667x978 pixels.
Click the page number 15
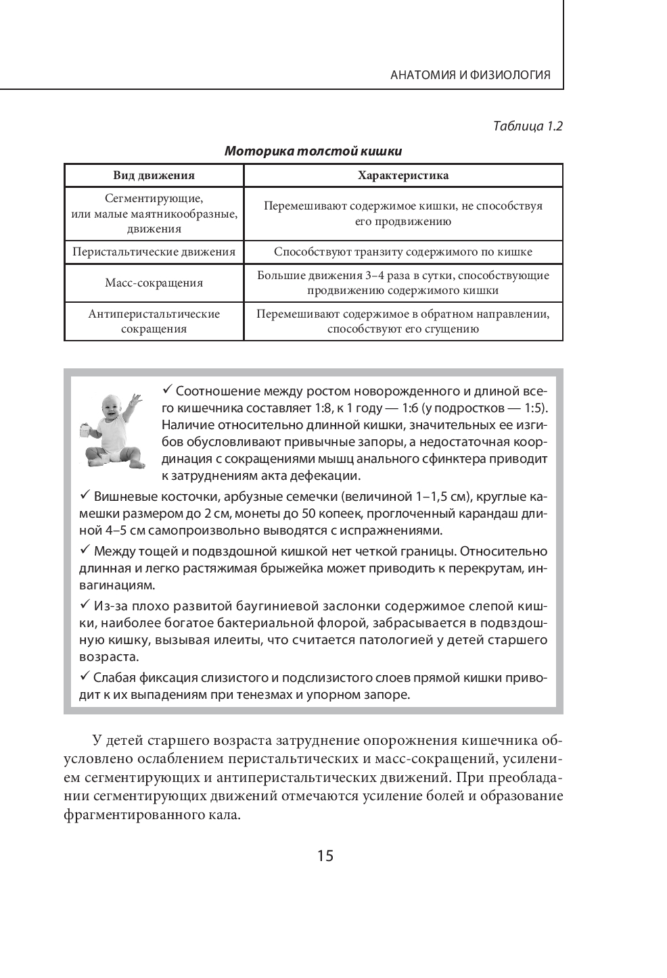pos(325,856)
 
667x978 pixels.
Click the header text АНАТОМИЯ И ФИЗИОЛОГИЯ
pos(471,75)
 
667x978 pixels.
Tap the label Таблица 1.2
pos(528,126)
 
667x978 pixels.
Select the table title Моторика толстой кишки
pos(313,151)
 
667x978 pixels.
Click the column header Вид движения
pos(154,176)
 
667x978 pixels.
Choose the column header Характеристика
pos(402,176)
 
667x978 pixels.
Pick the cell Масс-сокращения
pos(154,283)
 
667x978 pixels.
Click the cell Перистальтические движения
pos(154,252)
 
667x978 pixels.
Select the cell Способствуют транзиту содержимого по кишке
pos(402,252)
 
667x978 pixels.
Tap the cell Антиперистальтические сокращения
pos(154,322)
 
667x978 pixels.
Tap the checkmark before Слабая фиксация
pos(85,676)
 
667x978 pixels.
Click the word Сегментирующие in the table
pos(154,199)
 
